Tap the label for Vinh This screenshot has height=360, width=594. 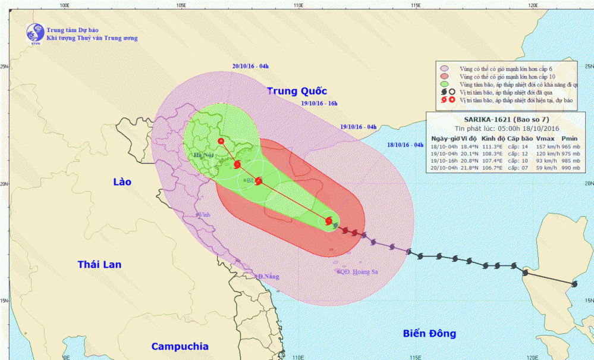pyautogui.click(x=205, y=215)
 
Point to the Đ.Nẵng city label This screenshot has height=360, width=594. pyautogui.click(x=268, y=277)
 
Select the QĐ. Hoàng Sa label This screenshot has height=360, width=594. pyautogui.click(x=359, y=271)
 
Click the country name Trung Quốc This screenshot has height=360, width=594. pyautogui.click(x=297, y=91)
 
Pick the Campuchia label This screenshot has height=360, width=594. pyautogui.click(x=180, y=346)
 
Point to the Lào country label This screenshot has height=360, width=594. pyautogui.click(x=121, y=181)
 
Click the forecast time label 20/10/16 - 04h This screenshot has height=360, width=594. pyautogui.click(x=250, y=66)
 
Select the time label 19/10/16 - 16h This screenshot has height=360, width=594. pyautogui.click(x=319, y=104)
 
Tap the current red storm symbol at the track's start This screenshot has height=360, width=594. pyautogui.click(x=329, y=222)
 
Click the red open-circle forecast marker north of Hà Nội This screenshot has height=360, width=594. pyautogui.click(x=221, y=141)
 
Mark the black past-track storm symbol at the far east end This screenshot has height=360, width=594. pyautogui.click(x=574, y=284)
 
